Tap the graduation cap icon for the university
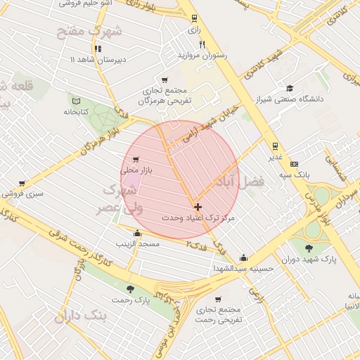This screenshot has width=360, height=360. tap(290, 89)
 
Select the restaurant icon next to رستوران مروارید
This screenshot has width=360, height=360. tap(202, 44)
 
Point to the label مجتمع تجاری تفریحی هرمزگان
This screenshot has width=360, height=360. tap(165, 96)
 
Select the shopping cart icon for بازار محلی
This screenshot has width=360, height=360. tap(136, 160)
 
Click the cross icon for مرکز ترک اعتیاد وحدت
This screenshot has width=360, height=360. tap(197, 207)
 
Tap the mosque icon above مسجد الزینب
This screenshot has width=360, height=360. tap(137, 233)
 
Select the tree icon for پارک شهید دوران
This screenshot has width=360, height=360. tap(309, 248)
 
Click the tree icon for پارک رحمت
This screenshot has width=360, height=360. tap(129, 289)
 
